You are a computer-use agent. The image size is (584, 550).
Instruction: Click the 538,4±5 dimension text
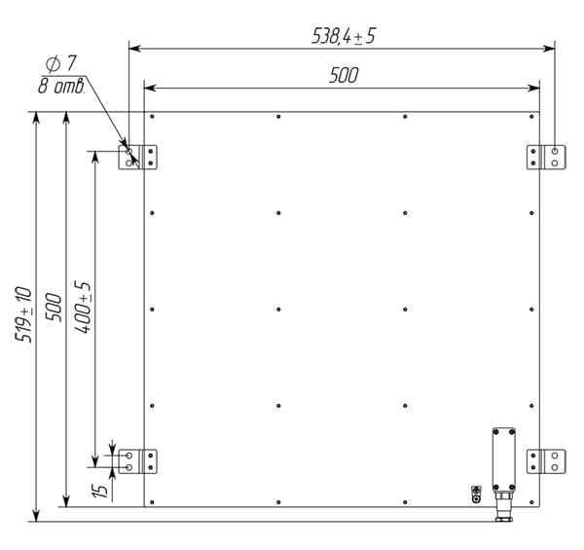pyautogui.click(x=344, y=36)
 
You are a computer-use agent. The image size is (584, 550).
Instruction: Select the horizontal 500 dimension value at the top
pyautogui.click(x=344, y=75)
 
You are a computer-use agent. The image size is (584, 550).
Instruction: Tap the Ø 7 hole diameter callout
pyautogui.click(x=61, y=63)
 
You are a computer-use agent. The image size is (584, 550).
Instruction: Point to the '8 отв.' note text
pyautogui.click(x=61, y=87)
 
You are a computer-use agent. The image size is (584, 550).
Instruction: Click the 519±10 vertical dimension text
pyautogui.click(x=23, y=314)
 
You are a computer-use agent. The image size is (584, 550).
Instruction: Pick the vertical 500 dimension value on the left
pyautogui.click(x=54, y=308)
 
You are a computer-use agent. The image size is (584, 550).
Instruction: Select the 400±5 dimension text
pyautogui.click(x=83, y=308)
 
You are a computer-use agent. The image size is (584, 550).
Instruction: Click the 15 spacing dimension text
pyautogui.click(x=100, y=490)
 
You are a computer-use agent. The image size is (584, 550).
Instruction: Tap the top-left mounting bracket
pyautogui.click(x=137, y=157)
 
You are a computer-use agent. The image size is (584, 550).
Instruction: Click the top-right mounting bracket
pyautogui.click(x=546, y=157)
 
